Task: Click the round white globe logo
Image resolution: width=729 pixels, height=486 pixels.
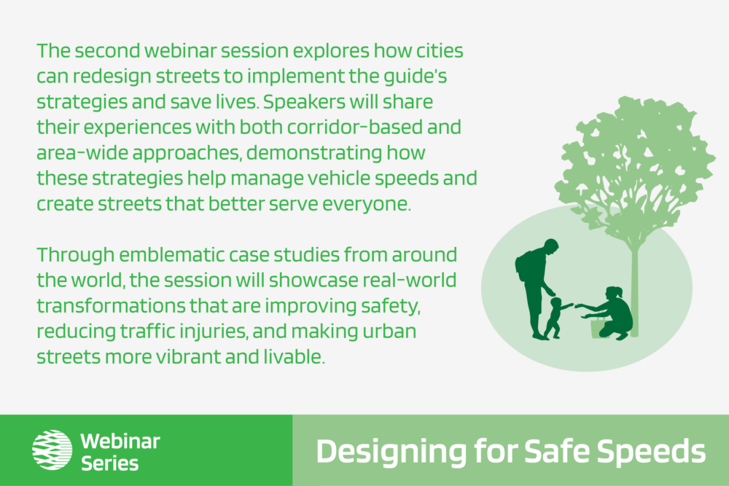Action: (x=52, y=450)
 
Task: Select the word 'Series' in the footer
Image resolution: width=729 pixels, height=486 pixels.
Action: (x=110, y=463)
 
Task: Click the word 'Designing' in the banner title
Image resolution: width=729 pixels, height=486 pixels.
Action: (x=391, y=452)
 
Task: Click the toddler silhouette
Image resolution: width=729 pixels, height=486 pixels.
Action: (x=555, y=318)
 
